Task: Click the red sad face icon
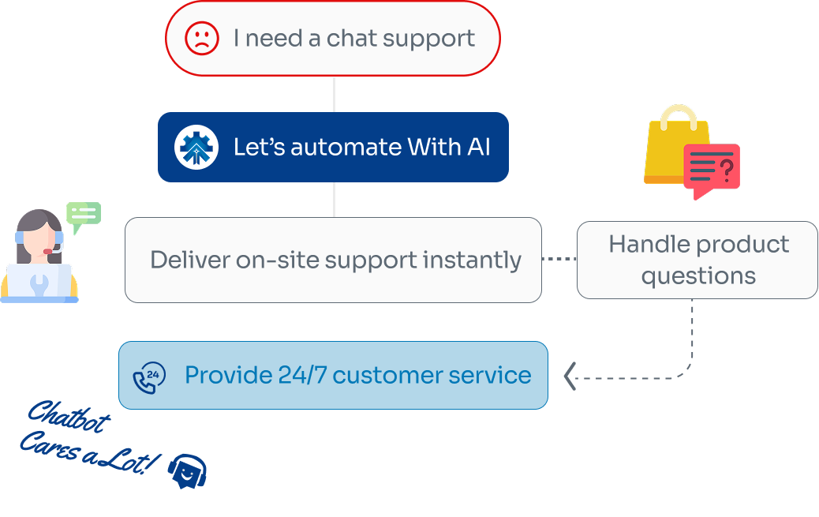[x=202, y=38]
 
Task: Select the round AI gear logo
[x=196, y=147]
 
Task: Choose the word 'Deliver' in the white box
[x=189, y=260]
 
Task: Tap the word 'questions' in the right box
[x=698, y=276]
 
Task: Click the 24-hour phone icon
[x=149, y=376]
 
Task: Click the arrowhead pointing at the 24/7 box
[x=570, y=377]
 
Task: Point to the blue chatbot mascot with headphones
[x=187, y=472]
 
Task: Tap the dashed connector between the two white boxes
[x=559, y=259]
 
